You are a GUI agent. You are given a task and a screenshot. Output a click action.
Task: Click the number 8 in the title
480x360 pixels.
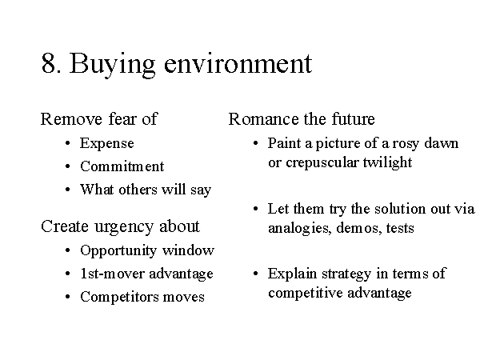[x=49, y=63]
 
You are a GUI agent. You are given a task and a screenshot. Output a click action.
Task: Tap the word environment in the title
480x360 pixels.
[x=238, y=64]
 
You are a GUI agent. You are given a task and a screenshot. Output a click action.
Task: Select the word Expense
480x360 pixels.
[x=107, y=143]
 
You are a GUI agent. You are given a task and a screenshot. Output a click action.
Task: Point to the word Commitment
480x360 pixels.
[x=122, y=166]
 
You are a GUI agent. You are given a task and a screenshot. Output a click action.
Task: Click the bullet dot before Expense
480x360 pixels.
[x=68, y=143]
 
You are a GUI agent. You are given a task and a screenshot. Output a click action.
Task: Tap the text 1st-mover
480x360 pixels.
[x=112, y=274]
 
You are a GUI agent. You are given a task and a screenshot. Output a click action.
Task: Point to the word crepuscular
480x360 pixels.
[x=322, y=163]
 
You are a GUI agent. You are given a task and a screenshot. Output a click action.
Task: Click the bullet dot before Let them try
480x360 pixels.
[x=256, y=209]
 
